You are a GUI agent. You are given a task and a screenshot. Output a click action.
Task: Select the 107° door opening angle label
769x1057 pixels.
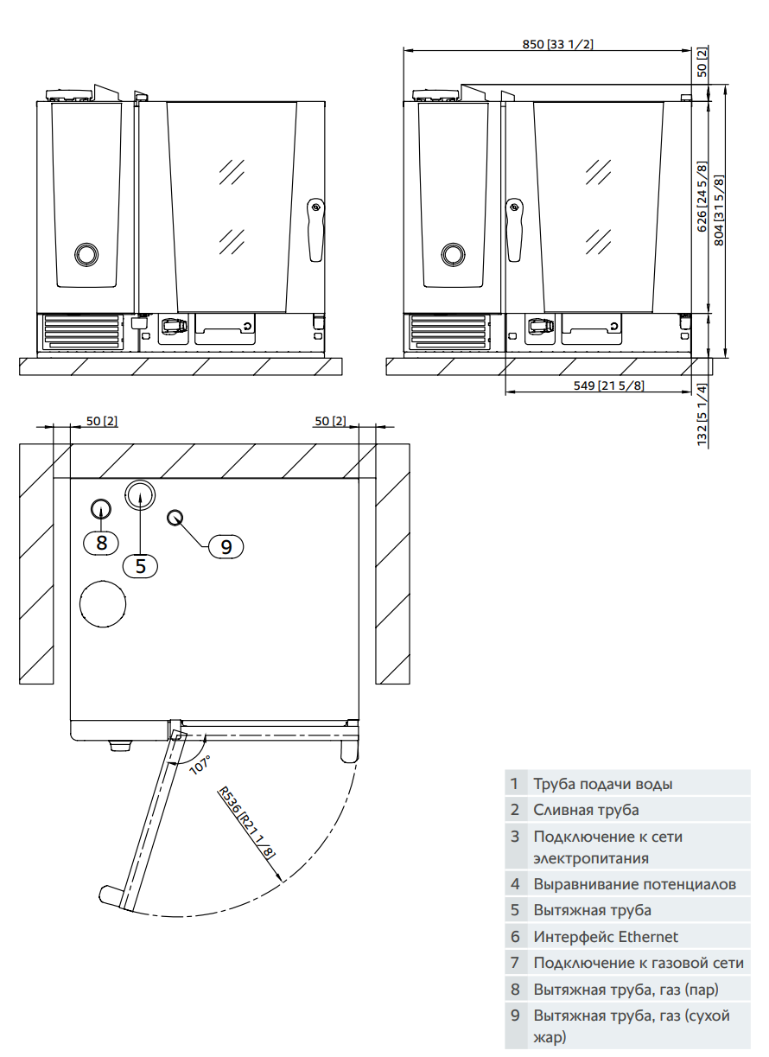200,766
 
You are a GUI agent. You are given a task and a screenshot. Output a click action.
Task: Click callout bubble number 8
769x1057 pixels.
102,543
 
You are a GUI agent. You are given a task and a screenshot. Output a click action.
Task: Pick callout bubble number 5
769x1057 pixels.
141,565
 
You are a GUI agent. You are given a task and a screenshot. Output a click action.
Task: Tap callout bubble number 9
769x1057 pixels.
226,546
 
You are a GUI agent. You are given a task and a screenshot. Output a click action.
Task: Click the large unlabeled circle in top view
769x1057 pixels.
103,602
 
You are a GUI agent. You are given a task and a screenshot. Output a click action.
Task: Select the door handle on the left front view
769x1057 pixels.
316,230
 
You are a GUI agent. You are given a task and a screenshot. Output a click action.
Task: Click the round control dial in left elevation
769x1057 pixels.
86,253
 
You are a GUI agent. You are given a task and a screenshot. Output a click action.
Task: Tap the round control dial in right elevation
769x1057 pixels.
452,253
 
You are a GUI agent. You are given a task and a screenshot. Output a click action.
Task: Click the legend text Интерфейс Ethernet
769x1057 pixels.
606,937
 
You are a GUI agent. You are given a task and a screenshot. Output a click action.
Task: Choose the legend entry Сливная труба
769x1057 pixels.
586,810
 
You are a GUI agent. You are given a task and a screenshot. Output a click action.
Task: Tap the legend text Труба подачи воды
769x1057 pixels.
602,784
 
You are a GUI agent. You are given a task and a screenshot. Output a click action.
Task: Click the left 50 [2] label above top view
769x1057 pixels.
101,421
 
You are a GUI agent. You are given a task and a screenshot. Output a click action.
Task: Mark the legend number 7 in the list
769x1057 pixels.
515,963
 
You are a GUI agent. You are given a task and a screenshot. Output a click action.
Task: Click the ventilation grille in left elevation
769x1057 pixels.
81,332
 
